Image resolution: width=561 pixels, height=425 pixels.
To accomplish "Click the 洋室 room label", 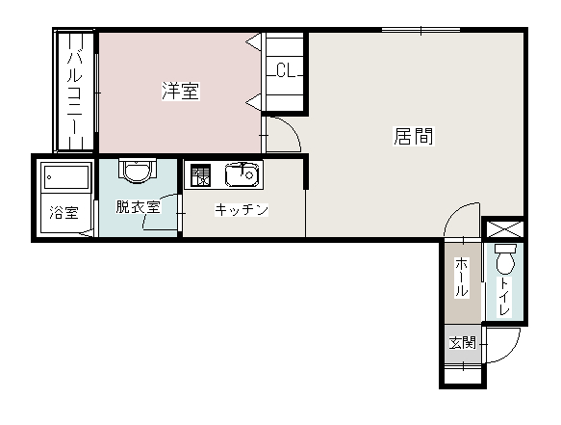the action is click(x=181, y=91).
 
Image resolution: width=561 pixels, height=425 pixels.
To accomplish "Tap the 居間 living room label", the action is click(x=414, y=136).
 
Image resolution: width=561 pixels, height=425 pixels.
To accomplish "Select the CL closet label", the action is click(x=286, y=70).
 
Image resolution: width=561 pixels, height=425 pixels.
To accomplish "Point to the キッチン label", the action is click(x=242, y=209).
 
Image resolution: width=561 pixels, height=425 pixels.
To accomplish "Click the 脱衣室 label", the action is click(x=138, y=207).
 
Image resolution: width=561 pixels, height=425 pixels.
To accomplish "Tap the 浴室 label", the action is click(x=64, y=212).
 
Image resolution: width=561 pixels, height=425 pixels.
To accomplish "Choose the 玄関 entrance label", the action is click(x=463, y=343).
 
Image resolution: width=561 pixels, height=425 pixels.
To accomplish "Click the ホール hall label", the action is click(x=462, y=277).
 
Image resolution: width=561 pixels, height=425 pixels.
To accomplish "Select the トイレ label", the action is click(x=504, y=296).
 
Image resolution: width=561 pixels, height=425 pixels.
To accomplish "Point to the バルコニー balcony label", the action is click(x=75, y=91).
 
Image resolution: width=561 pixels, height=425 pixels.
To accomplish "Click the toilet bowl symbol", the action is click(x=505, y=258).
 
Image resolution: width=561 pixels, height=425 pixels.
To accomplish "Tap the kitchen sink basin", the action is click(x=242, y=175).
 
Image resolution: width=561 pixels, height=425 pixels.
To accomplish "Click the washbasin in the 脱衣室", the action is click(x=138, y=171).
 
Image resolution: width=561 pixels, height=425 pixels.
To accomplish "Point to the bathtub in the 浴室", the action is click(x=65, y=176).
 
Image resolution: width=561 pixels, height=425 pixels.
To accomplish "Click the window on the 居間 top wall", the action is click(x=421, y=30).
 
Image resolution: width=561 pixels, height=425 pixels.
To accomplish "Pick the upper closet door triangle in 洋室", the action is click(x=254, y=42).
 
